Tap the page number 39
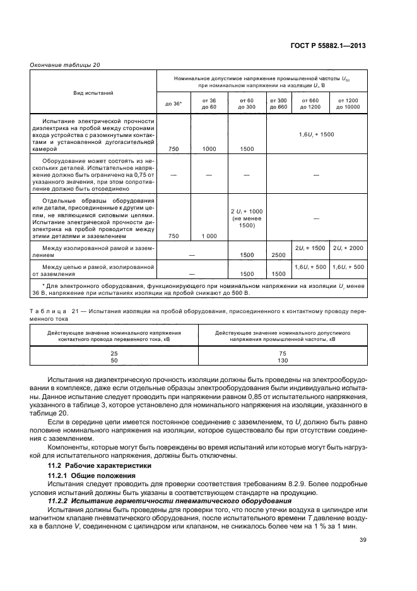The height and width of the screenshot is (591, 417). (363, 539)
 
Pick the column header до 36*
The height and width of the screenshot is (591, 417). (173, 104)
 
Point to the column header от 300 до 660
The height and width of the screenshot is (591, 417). (278, 104)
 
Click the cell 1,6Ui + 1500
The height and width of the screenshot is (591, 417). (317, 135)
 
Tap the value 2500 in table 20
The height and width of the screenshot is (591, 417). (278, 254)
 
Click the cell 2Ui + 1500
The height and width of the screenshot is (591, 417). (310, 249)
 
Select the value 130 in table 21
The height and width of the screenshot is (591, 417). (283, 361)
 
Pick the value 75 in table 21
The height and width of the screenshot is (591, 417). (283, 354)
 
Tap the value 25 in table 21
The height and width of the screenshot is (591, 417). (114, 354)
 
